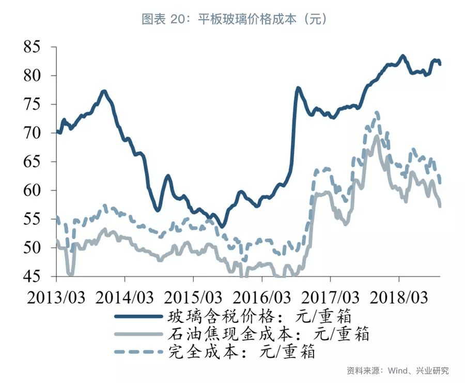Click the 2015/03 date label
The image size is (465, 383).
click(x=193, y=297)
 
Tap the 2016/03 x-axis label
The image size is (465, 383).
click(x=262, y=297)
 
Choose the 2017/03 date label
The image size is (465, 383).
click(x=331, y=297)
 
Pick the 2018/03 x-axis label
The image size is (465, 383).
click(x=400, y=297)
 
